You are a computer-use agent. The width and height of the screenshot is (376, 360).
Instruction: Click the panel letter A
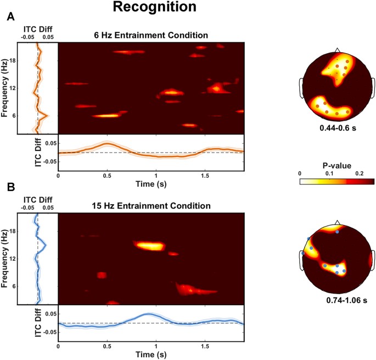pos(10,18)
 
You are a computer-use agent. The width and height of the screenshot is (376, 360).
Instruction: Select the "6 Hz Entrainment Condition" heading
pos(150,36)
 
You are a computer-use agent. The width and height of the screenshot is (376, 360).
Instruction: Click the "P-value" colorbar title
pos(336,166)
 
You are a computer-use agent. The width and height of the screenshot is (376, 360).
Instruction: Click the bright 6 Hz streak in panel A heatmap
pos(106,115)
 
